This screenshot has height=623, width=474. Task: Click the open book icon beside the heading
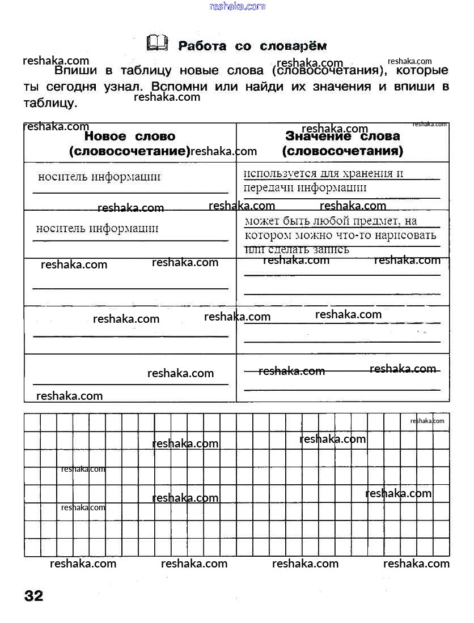157,43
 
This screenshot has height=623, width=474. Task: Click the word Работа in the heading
202,46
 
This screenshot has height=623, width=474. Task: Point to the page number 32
33,596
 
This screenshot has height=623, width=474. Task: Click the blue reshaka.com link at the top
237,6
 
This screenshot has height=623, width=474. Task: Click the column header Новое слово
130,136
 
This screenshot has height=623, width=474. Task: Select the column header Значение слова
342,136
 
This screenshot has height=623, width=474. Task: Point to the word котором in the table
268,235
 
